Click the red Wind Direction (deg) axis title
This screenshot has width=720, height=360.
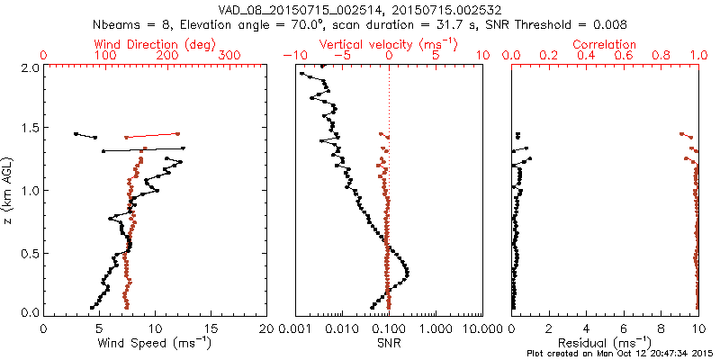(x=155, y=44)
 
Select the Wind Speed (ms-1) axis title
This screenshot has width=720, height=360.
(x=155, y=343)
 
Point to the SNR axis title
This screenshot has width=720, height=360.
(x=388, y=343)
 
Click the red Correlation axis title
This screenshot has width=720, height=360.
(x=606, y=44)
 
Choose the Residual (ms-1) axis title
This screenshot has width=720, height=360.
(x=605, y=343)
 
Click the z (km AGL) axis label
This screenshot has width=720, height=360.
(x=9, y=190)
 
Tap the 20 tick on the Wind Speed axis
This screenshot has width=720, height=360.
(x=266, y=328)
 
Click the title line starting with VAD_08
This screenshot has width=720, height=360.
(x=359, y=9)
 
